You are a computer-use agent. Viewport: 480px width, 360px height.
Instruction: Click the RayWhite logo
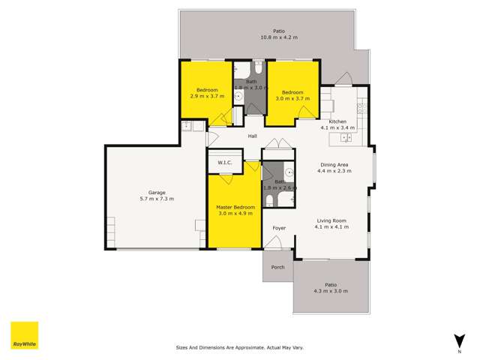click(24, 336)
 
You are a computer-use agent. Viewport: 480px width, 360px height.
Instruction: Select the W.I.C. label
click(224, 162)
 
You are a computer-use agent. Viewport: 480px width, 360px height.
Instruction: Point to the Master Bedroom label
click(235, 207)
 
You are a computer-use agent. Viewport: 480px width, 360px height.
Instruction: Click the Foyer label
click(278, 227)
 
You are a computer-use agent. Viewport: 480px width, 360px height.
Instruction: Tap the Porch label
click(277, 267)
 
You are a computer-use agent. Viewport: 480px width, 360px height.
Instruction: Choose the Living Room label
click(331, 220)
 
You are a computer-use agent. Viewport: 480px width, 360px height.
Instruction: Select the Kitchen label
click(337, 121)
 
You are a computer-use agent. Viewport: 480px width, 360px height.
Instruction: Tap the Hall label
click(253, 136)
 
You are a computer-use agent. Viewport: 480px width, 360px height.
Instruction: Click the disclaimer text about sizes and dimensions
click(239, 348)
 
